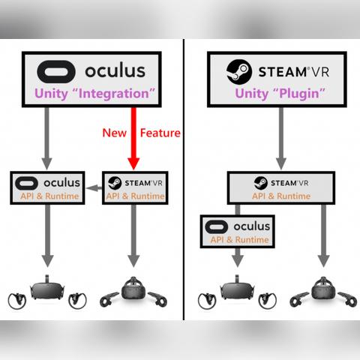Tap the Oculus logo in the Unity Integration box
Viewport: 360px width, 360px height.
coord(57,72)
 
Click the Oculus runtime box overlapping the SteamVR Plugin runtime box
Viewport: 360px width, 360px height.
coord(237,231)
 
